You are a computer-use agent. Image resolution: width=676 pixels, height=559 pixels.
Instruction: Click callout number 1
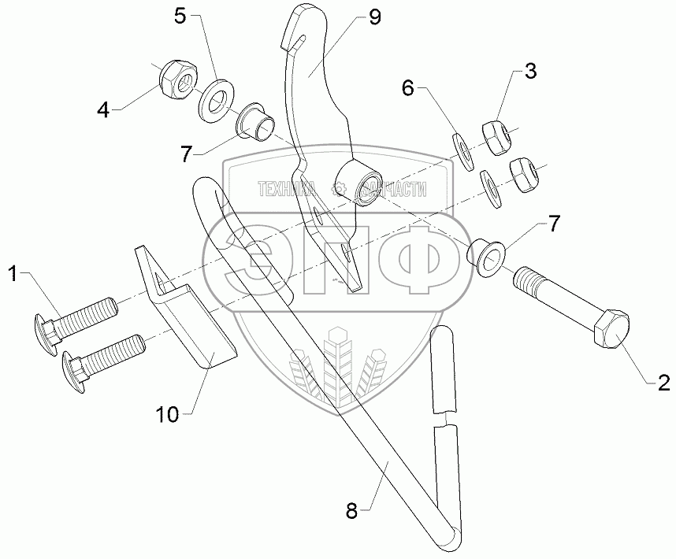pyautogui.click(x=13, y=273)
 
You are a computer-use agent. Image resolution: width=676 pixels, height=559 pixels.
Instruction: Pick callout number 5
pyautogui.click(x=180, y=17)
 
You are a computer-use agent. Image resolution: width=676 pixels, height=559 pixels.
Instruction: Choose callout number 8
pyautogui.click(x=351, y=510)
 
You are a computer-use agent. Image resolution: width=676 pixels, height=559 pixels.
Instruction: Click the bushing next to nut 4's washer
pyautogui.click(x=258, y=122)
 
